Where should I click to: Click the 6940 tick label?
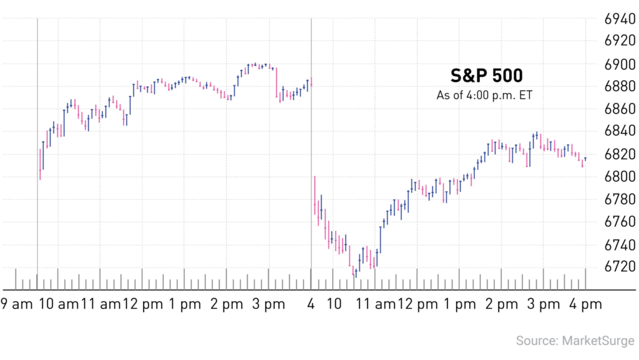pos(620,19)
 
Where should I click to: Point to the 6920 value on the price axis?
pos(620,42)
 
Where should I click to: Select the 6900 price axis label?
pos(620,64)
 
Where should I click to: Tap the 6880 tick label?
pos(620,87)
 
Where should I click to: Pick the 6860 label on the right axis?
pos(620,109)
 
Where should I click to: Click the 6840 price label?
pos(620,132)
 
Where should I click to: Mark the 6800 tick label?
pos(620,177)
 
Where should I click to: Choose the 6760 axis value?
pos(620,221)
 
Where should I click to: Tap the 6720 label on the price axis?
pos(620,266)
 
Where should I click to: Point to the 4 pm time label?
pos(586,305)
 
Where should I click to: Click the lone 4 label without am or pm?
pos(311,305)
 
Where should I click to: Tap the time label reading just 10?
pos(334,305)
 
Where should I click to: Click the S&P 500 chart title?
pos(487,75)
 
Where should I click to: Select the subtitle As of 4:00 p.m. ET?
pos(487,95)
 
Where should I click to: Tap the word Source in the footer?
pos(536,341)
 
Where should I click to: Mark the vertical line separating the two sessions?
pos(311,156)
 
